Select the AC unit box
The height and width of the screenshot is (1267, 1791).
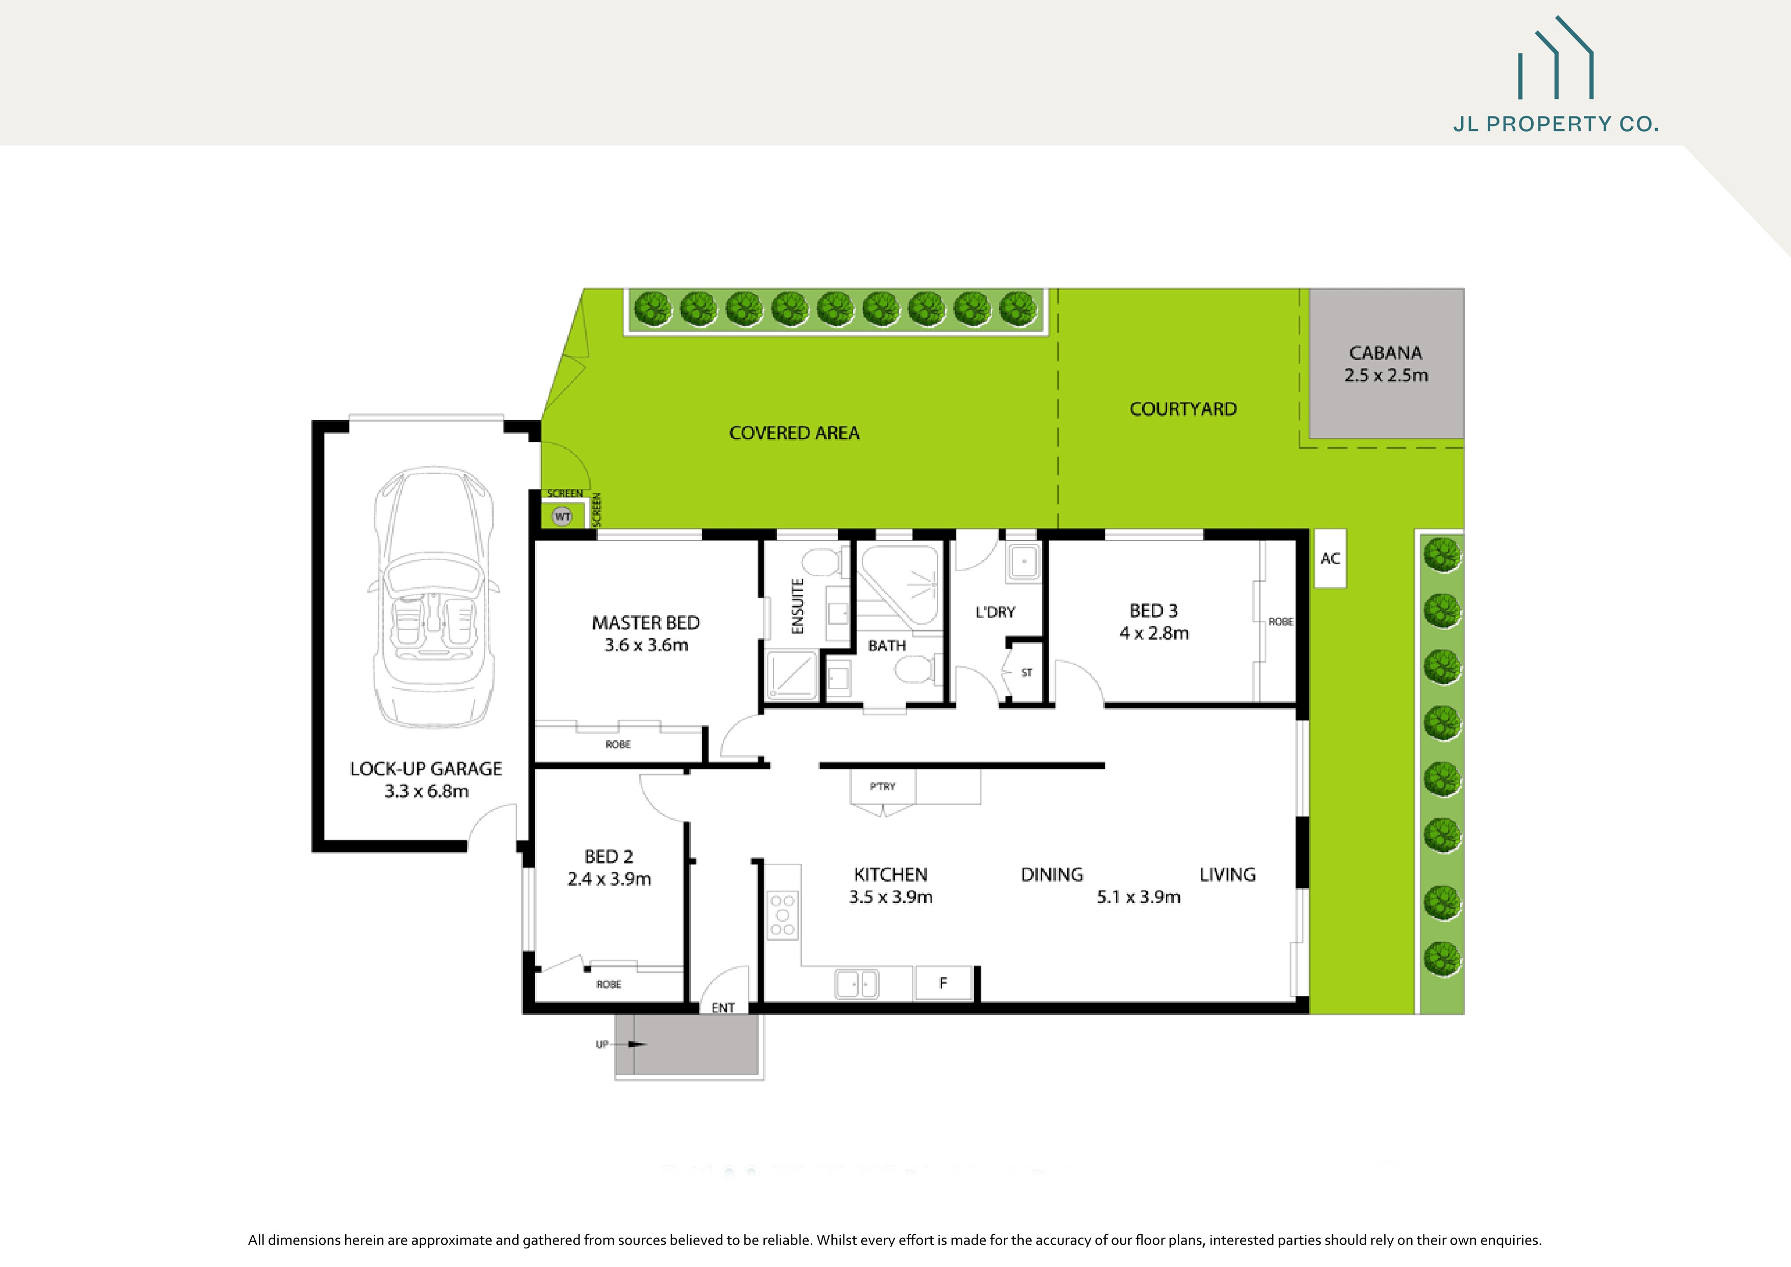pos(1330,558)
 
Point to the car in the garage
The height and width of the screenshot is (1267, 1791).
pos(433,597)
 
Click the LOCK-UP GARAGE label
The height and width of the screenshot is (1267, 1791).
pos(426,769)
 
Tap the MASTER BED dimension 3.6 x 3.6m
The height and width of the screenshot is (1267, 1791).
pos(646,645)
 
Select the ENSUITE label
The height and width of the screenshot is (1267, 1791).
pos(797,606)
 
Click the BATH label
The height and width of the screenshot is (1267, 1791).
pos(887,646)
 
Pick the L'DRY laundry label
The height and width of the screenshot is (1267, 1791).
pos(996,613)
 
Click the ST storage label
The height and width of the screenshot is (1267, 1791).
pos(1027,672)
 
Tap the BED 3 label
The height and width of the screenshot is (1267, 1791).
pos(1154,611)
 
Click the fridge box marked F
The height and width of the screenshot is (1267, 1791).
pos(943,983)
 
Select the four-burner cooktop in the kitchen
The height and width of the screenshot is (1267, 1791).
pos(782,915)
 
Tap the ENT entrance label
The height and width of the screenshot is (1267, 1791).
pos(723,1008)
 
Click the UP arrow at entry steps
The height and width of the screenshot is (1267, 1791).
pos(628,1044)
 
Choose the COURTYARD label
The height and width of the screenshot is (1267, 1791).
pos(1182,409)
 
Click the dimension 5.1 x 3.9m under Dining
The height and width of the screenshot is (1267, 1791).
pos(1138,897)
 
